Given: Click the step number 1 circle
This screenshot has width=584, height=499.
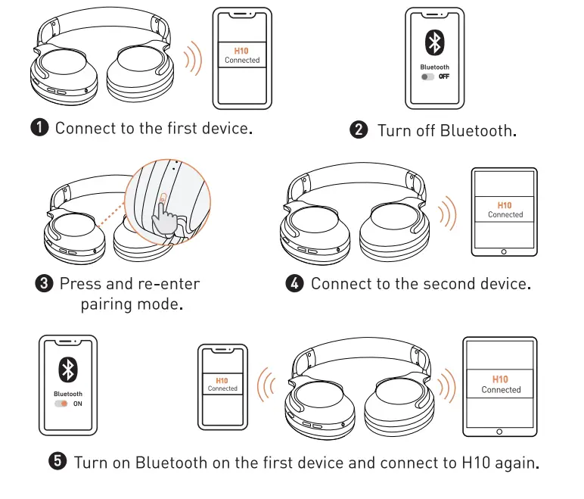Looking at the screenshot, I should tap(39, 127).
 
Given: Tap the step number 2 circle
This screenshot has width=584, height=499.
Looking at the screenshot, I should tap(358, 130).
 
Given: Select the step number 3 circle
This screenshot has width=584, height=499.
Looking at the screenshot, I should tap(45, 284).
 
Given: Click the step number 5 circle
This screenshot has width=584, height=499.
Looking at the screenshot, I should tap(58, 461).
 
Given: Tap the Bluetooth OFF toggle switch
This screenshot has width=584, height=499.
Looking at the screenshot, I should tap(428, 77).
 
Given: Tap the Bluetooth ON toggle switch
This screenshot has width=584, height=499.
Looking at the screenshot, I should tap(61, 404).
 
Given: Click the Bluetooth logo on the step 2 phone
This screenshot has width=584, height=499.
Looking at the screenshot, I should tap(435, 43).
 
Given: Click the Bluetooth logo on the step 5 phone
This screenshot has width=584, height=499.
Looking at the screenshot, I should tap(68, 370).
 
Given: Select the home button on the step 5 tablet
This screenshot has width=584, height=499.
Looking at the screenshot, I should tap(500, 431).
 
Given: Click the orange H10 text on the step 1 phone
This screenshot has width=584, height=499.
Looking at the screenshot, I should tap(242, 51).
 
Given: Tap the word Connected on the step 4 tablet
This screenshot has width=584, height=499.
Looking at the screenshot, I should tap(505, 215).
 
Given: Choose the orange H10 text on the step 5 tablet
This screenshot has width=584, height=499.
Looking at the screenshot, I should tap(500, 379).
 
